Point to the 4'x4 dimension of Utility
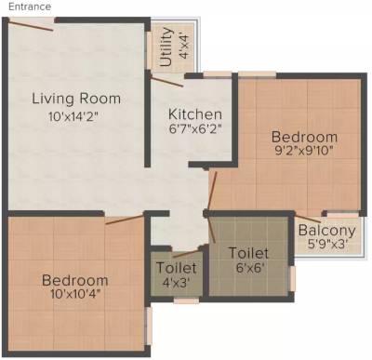click(x=183, y=47)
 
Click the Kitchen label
click(x=194, y=114)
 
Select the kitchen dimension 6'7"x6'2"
click(x=194, y=130)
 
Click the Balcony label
click(x=326, y=232)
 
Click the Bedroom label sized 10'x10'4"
click(x=75, y=280)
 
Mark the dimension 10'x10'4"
click(x=75, y=296)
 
